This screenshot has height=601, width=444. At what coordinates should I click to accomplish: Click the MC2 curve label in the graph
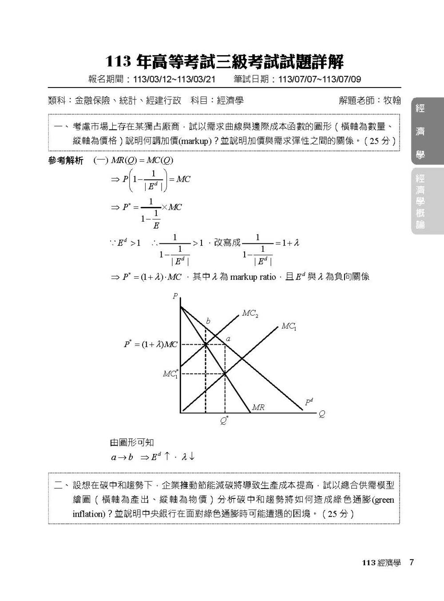[250, 314]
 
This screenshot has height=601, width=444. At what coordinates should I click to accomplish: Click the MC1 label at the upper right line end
[289, 326]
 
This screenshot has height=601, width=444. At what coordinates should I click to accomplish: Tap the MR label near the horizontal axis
[258, 407]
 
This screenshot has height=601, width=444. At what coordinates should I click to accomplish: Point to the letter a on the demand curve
[229, 339]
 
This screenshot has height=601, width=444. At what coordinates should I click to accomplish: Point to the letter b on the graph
[208, 321]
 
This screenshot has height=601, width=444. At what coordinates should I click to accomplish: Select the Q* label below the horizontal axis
[225, 420]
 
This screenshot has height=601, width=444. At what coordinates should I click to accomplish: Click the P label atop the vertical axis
[175, 296]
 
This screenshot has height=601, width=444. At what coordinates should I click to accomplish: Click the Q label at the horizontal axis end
[322, 414]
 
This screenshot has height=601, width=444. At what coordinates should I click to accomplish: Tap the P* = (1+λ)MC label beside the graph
[151, 344]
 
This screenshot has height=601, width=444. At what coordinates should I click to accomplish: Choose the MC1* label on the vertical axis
[171, 374]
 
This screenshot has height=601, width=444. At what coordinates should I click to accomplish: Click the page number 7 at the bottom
[412, 562]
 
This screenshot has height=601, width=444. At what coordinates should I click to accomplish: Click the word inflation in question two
[88, 514]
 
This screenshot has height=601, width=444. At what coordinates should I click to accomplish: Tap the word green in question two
[384, 500]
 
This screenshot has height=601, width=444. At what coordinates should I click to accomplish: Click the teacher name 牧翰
[392, 101]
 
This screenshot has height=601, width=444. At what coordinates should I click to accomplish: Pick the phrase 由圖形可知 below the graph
[132, 442]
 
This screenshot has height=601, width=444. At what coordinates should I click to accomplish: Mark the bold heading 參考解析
[65, 160]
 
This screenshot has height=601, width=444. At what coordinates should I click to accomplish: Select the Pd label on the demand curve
[309, 402]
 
